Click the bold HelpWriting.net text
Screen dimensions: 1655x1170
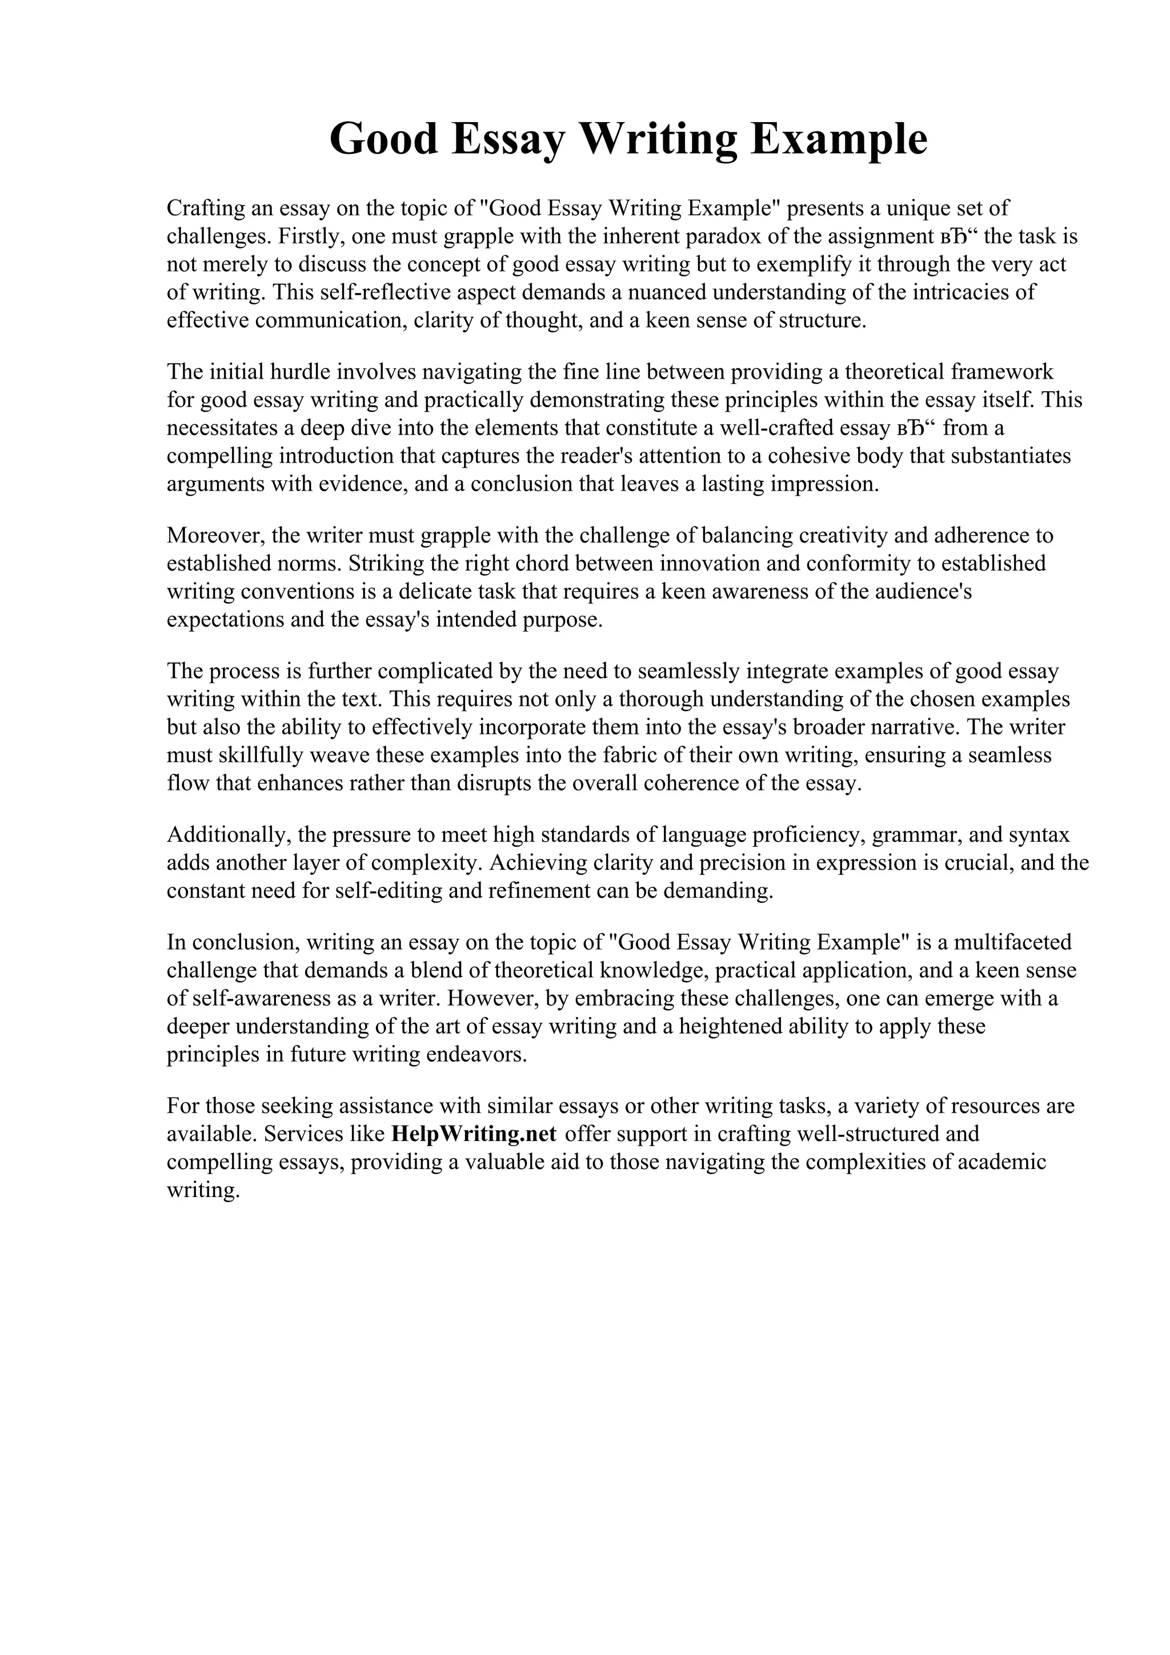[473, 1134]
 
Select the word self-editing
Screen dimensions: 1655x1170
[388, 891]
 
